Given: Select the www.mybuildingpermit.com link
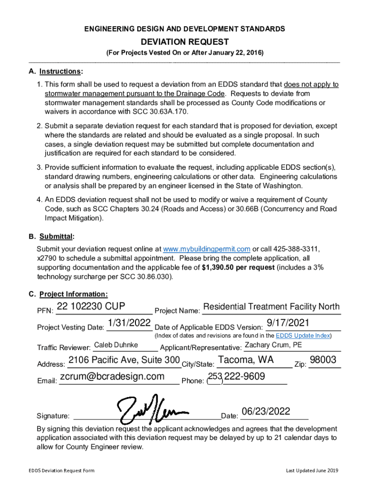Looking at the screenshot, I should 206,249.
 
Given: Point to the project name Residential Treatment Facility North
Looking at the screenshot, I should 271,306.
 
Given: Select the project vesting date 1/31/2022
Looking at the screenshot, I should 129,323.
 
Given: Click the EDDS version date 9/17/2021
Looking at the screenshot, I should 288,323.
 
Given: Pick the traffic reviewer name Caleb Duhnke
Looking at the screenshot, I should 116,345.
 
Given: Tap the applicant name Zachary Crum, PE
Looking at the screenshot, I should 273,345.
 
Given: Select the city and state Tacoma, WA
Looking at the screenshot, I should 246,360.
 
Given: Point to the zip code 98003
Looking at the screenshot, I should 323,360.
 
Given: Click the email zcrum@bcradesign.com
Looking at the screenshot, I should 112,377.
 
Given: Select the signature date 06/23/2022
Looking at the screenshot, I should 266,411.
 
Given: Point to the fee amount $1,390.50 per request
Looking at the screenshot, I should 238,267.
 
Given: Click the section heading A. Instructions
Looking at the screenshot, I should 56,71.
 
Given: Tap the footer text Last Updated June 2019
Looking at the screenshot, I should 312,471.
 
